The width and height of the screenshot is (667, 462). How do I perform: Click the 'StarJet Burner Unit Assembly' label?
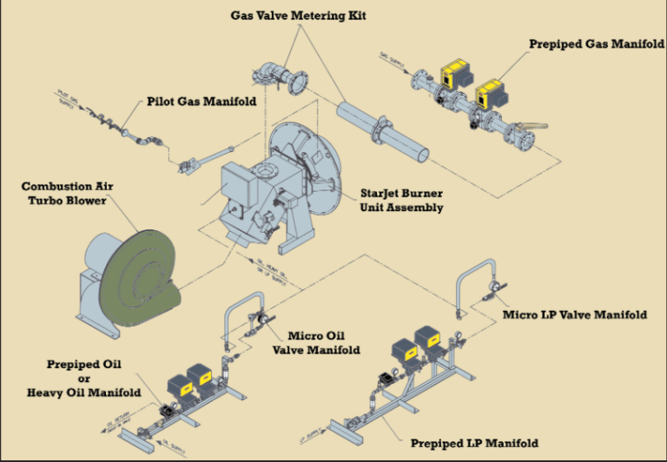402,201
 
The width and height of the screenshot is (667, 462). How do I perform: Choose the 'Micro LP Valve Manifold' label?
575,314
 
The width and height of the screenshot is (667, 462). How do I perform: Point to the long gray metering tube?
381,130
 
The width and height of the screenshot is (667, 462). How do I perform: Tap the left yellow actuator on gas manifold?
452,76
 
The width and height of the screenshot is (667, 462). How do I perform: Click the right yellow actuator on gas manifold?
493,93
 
